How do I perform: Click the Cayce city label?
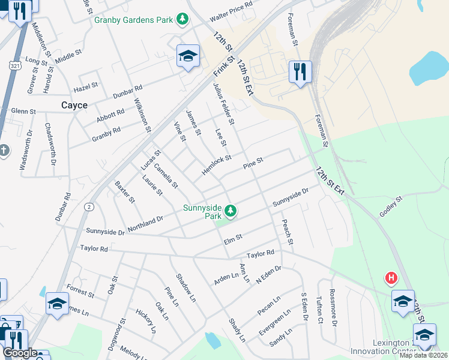pos(74,105)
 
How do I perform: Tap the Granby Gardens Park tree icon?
pos(182,20)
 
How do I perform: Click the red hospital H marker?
pos(391,278)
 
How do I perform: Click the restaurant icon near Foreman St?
pos(298,72)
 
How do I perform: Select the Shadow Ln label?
pos(185,287)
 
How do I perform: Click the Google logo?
pos(20,353)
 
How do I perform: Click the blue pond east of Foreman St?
pos(429,67)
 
